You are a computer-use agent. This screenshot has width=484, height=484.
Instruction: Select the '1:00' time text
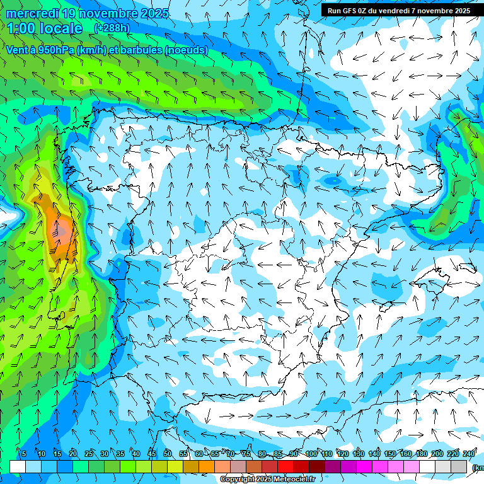[x=21, y=28]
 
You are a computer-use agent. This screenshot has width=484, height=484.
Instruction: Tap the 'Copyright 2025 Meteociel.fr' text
[x=267, y=479]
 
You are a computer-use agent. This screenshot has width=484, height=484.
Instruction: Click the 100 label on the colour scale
[x=311, y=454]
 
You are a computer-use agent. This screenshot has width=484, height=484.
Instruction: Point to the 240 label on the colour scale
[x=469, y=454]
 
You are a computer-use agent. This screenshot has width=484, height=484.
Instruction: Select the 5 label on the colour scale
[x=23, y=454]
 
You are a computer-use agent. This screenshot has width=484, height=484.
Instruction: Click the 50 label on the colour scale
[x=167, y=454]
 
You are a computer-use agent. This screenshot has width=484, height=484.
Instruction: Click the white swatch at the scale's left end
[x=18, y=466]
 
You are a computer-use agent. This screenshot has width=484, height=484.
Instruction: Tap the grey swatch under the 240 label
[x=459, y=466]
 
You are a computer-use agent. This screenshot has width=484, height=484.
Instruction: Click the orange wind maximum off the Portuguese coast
[x=62, y=230]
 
